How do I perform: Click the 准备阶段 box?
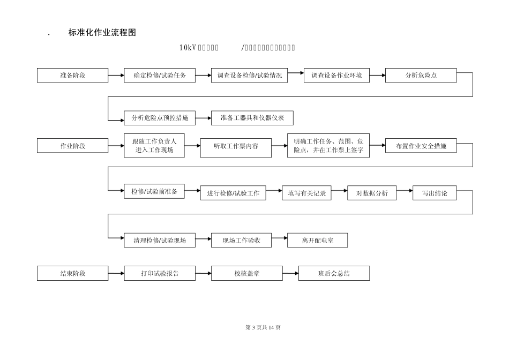[72, 76]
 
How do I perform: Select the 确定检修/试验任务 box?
[160, 76]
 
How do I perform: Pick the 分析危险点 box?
[421, 76]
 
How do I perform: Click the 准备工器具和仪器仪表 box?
[252, 118]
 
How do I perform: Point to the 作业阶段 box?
[72, 146]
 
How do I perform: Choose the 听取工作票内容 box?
[236, 146]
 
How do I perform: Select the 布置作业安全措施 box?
[421, 146]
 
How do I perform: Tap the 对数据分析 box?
[372, 193]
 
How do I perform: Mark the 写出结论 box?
[434, 193]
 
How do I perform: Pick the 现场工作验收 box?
[241, 241]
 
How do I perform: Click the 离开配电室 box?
[317, 241]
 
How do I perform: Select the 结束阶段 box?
[72, 273]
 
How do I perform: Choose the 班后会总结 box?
[334, 273]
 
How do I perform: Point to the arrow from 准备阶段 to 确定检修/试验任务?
[116, 76]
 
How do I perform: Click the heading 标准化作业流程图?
[102, 33]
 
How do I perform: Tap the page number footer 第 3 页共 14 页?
[263, 327]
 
